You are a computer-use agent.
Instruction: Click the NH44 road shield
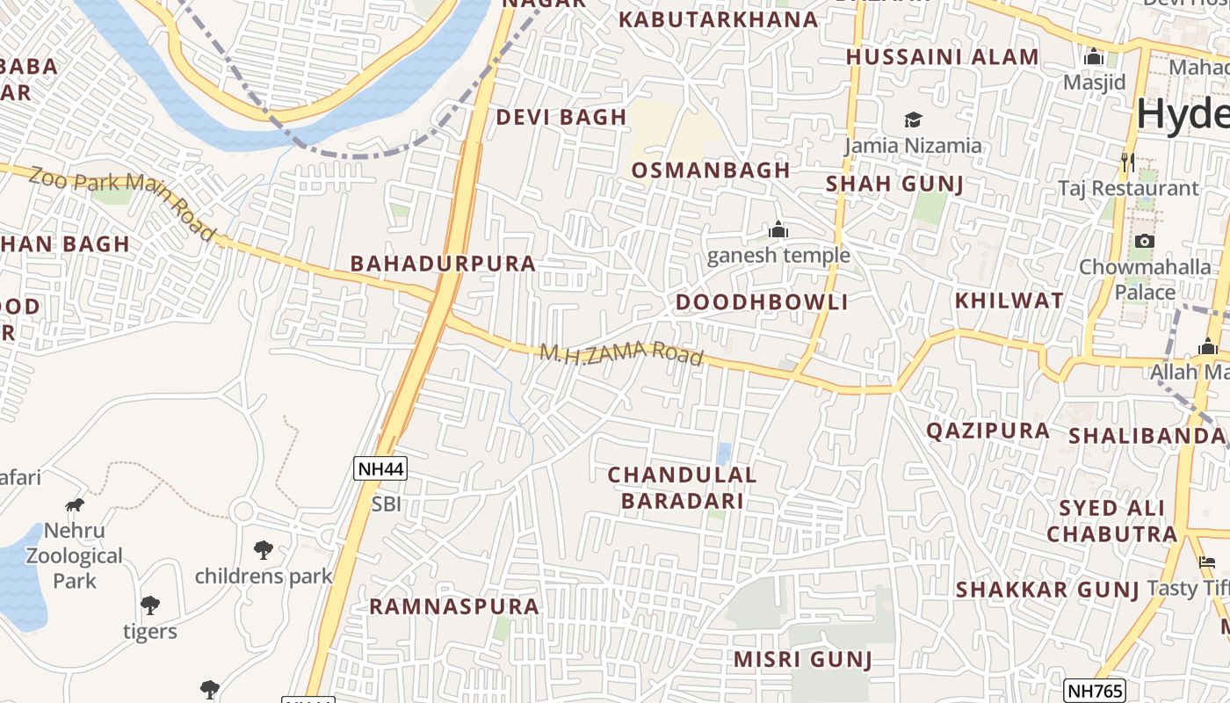tap(380, 468)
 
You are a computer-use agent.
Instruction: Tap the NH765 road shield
tap(1094, 691)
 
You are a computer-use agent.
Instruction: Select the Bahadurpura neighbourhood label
tap(443, 264)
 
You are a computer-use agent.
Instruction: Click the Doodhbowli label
tap(762, 302)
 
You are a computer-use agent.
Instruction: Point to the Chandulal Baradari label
tap(682, 488)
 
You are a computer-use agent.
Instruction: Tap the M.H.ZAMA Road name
tap(621, 354)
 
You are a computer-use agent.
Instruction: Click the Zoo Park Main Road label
tap(123, 203)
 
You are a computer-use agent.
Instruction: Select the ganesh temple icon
tap(778, 231)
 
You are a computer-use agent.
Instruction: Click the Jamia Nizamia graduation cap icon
tap(914, 120)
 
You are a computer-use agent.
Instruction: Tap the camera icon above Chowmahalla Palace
tap(1144, 241)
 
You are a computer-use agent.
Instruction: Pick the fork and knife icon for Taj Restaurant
tap(1128, 163)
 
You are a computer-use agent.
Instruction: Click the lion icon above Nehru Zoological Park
tap(75, 504)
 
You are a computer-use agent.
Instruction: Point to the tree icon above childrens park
tap(263, 550)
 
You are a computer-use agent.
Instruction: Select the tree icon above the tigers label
tap(150, 605)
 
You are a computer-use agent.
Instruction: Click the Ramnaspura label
tap(454, 606)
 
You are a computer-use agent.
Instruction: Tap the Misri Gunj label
tap(802, 659)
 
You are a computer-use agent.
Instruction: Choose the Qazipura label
tap(988, 431)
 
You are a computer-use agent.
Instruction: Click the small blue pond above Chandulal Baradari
tap(724, 453)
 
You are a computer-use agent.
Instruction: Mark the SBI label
tap(387, 504)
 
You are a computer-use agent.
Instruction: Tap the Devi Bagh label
tap(561, 117)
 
